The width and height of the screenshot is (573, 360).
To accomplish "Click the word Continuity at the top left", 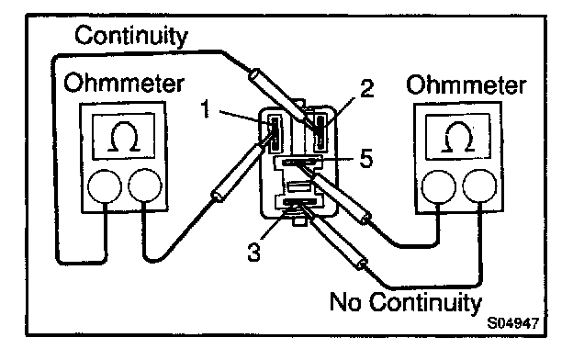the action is pos(131,36).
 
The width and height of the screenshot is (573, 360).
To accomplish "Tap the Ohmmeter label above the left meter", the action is pos(124,83).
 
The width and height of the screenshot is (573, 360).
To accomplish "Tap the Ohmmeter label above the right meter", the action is pos(466,84).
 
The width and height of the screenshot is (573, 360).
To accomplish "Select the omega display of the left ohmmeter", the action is pos(124,136).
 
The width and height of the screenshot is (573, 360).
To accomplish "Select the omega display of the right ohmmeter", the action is pos(458,137).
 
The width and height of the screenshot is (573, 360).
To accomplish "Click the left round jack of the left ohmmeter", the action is pos(105,186).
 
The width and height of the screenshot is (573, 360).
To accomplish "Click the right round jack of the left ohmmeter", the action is pos(145,185).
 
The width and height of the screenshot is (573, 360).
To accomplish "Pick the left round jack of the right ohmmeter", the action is pos(439,186).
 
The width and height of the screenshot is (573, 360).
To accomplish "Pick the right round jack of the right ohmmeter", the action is pos(479,186).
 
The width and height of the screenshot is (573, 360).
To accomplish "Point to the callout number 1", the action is pos(206,109).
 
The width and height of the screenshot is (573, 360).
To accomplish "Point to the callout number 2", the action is pos(367,88).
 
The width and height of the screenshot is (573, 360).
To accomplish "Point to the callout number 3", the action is pos(254,252).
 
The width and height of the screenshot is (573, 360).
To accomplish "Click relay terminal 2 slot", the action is pos(320,131).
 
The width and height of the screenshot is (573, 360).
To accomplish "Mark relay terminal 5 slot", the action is pos(298,162).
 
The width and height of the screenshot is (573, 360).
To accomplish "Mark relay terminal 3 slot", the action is pos(299,202).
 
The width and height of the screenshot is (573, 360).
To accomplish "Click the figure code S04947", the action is pos(513,323).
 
